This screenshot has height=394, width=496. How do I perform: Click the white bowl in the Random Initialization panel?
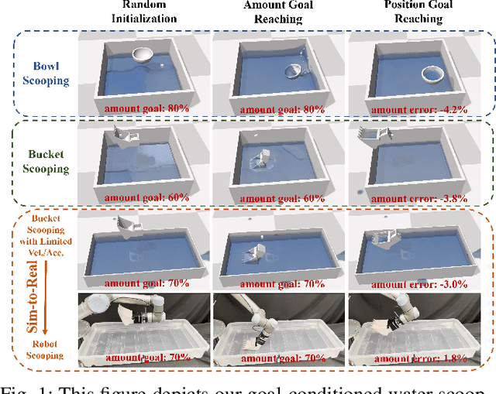click(x=143, y=55)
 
